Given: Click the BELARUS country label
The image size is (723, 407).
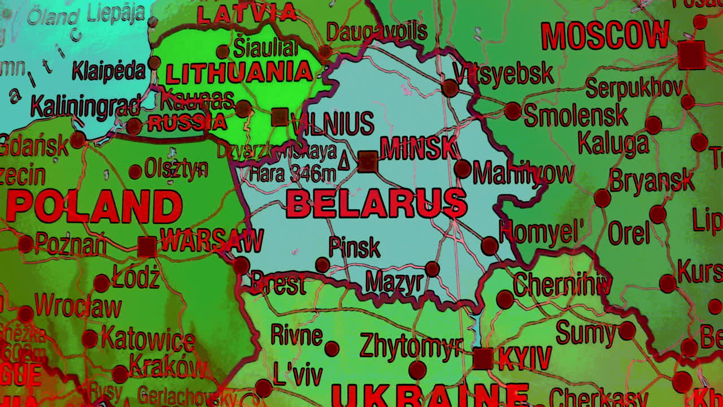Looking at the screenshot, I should pos(376,203).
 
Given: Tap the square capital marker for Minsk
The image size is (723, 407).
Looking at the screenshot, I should pos(368,162).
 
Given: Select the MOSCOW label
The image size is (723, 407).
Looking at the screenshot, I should pos(605,35).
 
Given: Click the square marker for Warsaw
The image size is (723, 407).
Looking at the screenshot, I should pos(147,246).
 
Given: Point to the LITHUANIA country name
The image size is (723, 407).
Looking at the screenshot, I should pos(239,73).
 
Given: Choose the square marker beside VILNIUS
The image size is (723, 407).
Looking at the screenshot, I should pos(280,117).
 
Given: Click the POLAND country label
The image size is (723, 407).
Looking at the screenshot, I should pos(94,206).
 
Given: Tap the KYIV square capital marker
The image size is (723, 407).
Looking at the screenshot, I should pos(482,358).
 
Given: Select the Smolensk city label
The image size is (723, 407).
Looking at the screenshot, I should pos(575,115).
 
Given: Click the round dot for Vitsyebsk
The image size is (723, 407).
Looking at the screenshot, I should pos(450,88).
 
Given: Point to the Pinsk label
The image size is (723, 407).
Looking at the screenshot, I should pos(354,247).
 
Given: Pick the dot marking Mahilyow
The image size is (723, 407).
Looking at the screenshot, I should pos(462,168).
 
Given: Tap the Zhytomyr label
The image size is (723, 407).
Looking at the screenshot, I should pos(411,345).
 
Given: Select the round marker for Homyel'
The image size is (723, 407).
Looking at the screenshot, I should pos(490,246).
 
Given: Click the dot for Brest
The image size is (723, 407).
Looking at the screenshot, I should pos(241,265).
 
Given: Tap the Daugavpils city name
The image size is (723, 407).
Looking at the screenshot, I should pos(376,32).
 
